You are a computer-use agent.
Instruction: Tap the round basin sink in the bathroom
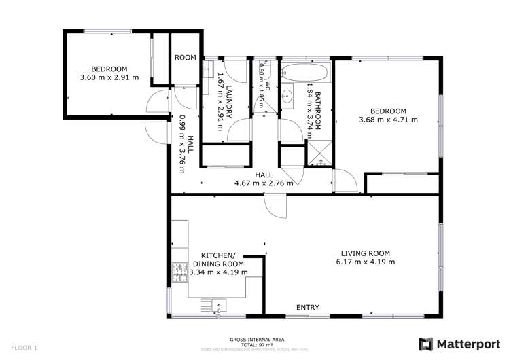[x=288, y=96]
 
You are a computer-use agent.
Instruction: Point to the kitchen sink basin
[x=219, y=305]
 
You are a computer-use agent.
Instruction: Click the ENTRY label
[x=307, y=308]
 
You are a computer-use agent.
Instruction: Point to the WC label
[x=268, y=86]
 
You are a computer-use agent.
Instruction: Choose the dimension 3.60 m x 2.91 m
[x=109, y=77]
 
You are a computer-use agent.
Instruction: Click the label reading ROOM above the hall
[x=185, y=58]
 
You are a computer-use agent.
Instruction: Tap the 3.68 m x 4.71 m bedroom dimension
[x=388, y=120]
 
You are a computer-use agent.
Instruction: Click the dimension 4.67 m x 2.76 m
[x=264, y=183]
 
